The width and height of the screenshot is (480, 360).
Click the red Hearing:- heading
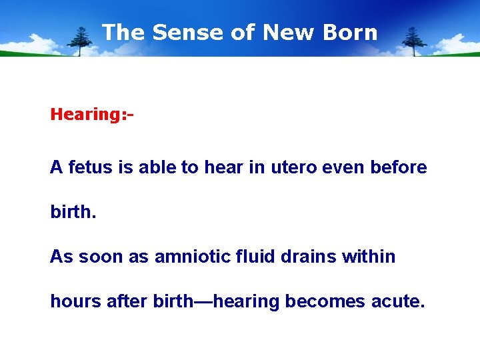point(92,114)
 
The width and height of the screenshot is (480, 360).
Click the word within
point(369,257)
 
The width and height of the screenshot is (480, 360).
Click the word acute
point(399,301)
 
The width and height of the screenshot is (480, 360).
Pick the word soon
point(101,257)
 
